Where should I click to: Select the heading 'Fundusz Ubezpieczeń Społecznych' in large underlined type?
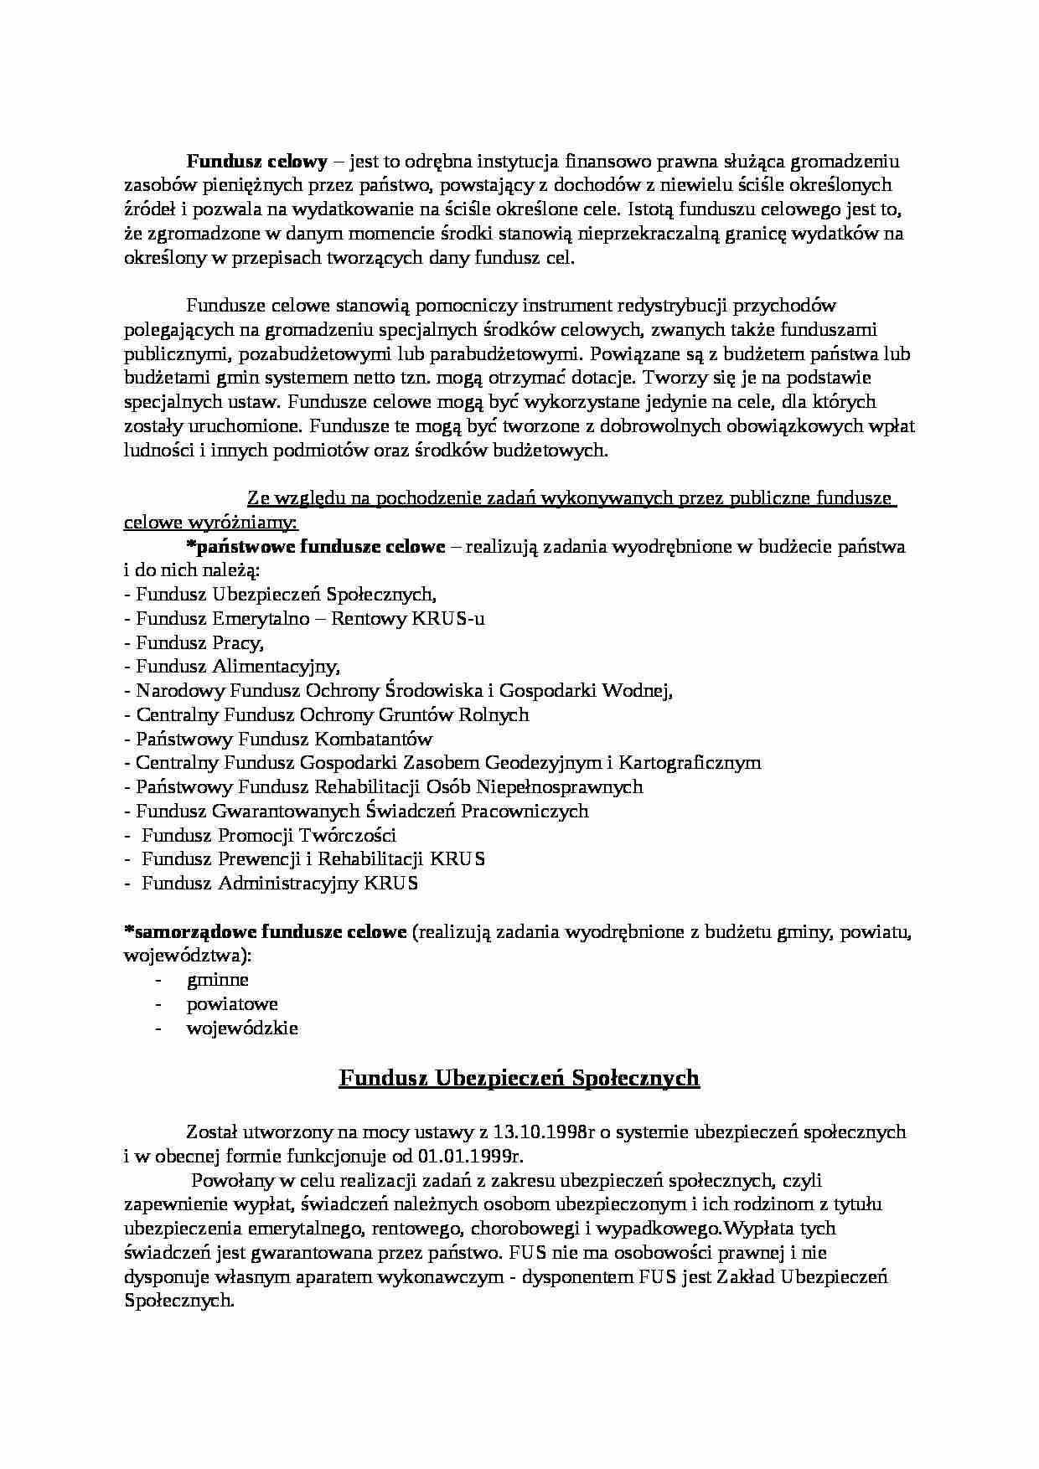click(x=519, y=1077)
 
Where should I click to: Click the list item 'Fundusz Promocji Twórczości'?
click(x=269, y=835)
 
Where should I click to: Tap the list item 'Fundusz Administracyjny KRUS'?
click(x=280, y=883)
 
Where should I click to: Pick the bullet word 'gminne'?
click(x=218, y=980)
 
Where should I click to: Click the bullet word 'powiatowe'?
click(x=232, y=1003)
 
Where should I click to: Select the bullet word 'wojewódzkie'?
click(x=242, y=1028)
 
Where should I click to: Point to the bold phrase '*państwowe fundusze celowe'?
click(x=315, y=548)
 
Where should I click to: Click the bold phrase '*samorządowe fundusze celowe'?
click(x=265, y=931)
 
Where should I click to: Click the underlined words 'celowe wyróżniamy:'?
click(x=210, y=523)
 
